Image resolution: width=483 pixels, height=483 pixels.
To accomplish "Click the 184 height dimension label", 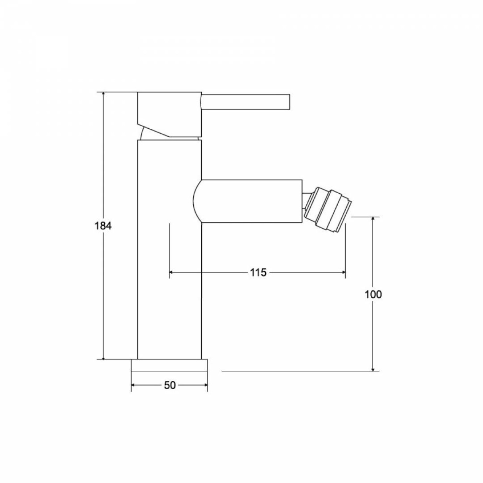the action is click(x=103, y=226).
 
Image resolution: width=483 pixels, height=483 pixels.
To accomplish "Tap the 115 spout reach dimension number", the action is click(x=258, y=272).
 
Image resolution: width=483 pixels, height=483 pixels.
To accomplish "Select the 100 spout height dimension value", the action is click(x=373, y=295).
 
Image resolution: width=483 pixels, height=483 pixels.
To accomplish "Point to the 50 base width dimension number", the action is click(x=170, y=386).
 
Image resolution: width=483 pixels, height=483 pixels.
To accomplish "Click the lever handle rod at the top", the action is click(x=246, y=102).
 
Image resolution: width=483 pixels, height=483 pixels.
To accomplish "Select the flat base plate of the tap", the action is click(x=169, y=365).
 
